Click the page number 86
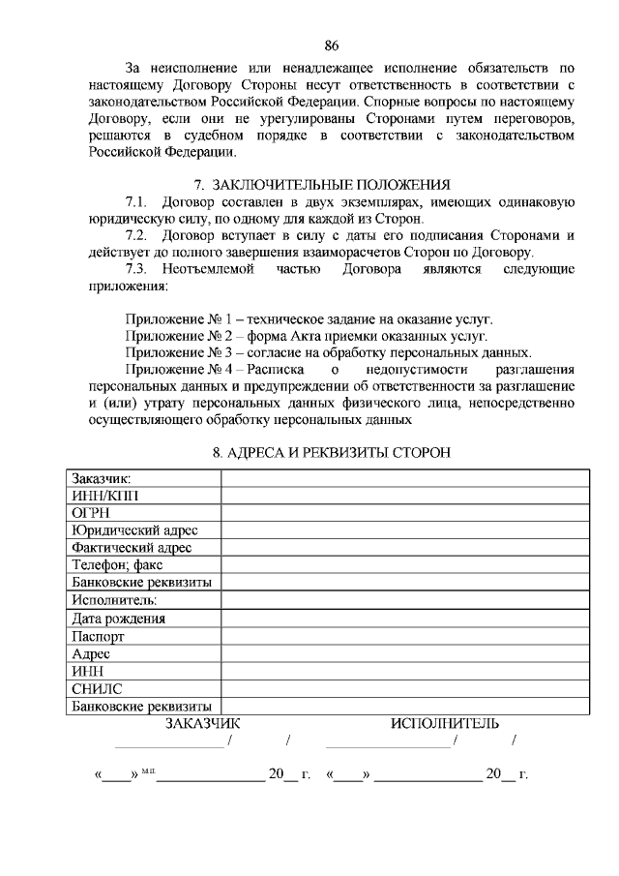pos(332,45)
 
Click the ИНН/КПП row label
pos(105,496)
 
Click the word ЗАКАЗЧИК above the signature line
pos(202,723)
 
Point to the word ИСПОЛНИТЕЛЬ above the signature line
pos(445,723)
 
